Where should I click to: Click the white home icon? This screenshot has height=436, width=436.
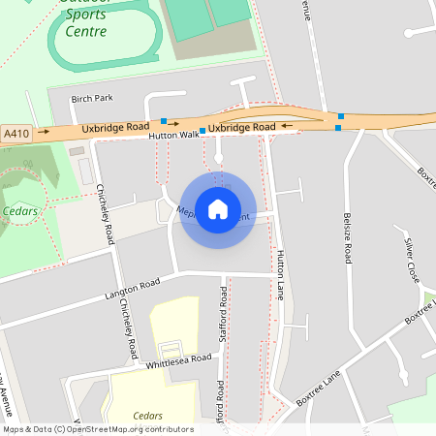(x=218, y=208)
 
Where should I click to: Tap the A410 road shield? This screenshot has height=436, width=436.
(x=16, y=133)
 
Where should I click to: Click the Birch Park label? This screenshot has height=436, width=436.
(x=92, y=99)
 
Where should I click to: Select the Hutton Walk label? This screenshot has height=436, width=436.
(x=173, y=138)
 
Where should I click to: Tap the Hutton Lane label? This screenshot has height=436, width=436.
(x=281, y=274)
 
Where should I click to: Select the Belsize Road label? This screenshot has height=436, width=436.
(x=347, y=237)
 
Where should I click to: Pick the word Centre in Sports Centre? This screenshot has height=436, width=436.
(x=86, y=31)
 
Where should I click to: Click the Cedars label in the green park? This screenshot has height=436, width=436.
(x=20, y=210)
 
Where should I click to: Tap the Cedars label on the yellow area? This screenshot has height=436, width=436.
(x=148, y=415)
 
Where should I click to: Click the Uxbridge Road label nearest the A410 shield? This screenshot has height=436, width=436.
(x=115, y=127)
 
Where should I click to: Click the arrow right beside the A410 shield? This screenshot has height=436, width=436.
(x=44, y=130)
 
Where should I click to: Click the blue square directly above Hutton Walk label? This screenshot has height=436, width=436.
(x=164, y=122)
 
